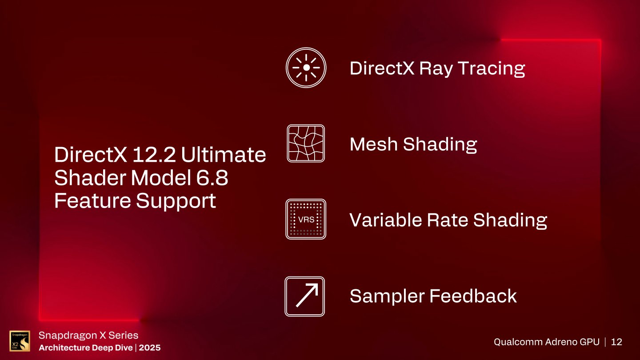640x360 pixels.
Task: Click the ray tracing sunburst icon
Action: click(x=306, y=68)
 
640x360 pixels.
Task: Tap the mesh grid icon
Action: click(x=306, y=143)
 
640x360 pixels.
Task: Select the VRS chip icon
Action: click(x=306, y=219)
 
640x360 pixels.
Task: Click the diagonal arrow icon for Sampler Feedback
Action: click(x=305, y=296)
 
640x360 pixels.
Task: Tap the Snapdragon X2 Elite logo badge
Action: click(x=20, y=341)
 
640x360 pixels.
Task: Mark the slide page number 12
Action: click(x=616, y=342)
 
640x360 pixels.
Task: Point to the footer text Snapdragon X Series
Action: click(x=88, y=335)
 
